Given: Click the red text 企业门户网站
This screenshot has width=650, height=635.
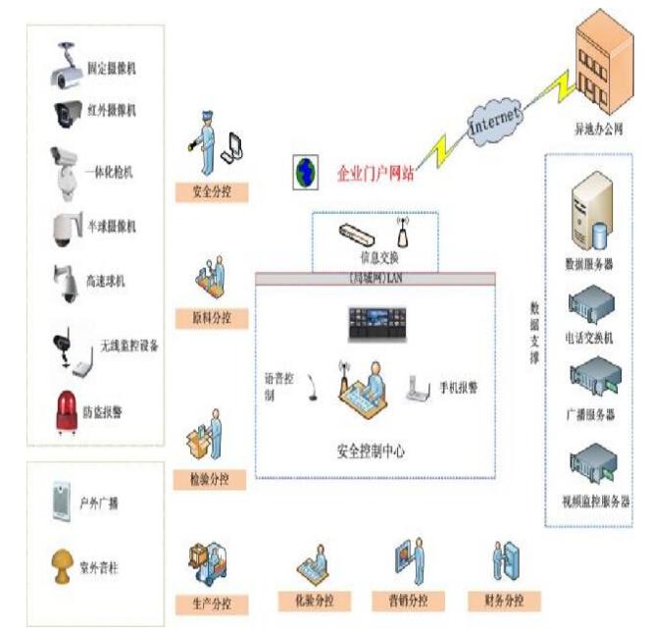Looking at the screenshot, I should (x=375, y=174).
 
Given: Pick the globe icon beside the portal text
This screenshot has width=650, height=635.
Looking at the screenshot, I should (x=304, y=173).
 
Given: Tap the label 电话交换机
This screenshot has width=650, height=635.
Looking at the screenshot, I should (x=591, y=338).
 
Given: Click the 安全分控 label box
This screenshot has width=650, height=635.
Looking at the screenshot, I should (x=212, y=190).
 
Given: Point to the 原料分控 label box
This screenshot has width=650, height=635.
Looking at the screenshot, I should (x=212, y=318).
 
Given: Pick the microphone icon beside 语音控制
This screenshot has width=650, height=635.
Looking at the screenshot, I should (x=313, y=383).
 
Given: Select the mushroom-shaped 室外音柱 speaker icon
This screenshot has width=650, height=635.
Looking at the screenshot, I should (x=65, y=565).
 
